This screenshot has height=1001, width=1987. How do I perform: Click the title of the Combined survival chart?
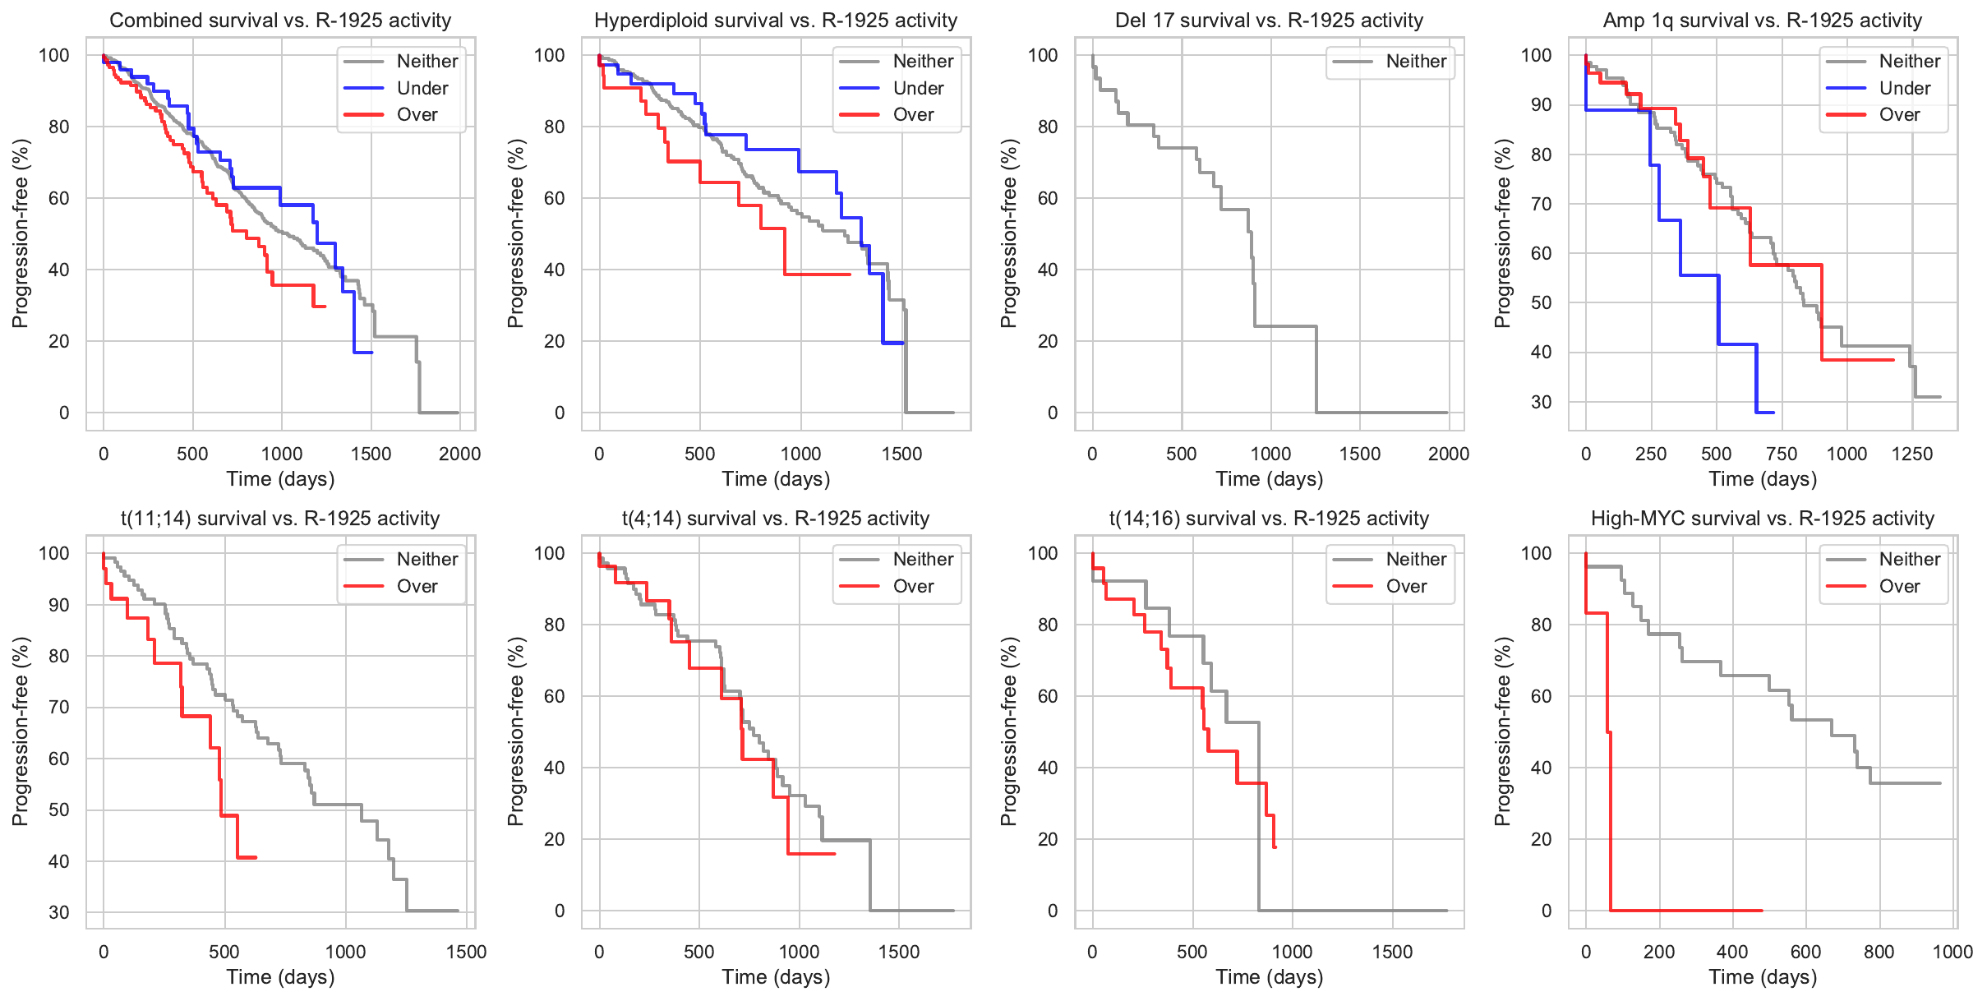[x=280, y=21]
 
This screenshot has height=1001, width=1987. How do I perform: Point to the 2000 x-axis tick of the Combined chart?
[x=459, y=454]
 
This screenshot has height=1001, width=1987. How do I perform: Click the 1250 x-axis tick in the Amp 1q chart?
[x=1912, y=454]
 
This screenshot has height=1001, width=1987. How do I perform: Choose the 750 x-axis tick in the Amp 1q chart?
[x=1782, y=454]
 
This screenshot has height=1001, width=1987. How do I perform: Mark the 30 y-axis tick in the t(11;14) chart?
[x=59, y=912]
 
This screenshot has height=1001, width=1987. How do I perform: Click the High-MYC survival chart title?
[x=1763, y=519]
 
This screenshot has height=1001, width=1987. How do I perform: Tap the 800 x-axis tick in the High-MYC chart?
[x=1879, y=952]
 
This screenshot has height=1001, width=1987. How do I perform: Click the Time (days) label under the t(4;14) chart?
[x=776, y=977]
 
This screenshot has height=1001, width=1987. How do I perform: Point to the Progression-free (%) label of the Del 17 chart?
[x=1009, y=233]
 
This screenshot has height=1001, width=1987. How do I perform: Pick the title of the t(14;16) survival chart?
[x=1269, y=519]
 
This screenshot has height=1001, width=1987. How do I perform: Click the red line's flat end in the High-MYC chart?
[x=1726, y=911]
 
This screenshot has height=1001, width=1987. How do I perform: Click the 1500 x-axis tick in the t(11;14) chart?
[x=466, y=952]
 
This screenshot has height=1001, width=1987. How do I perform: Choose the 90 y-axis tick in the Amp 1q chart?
[x=1541, y=105]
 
